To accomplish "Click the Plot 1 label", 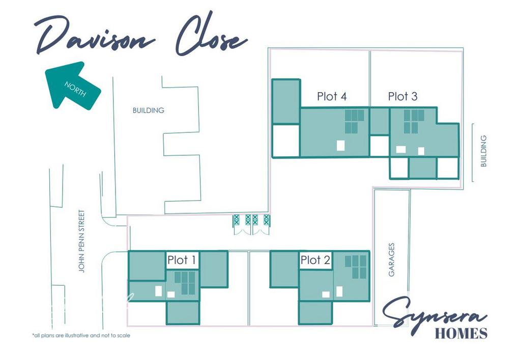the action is click(182, 260).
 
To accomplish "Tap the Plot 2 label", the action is click(315, 260).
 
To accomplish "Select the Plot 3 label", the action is click(402, 96).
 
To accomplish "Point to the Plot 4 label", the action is click(332, 96).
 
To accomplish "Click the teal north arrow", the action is click(71, 85).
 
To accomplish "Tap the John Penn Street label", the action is click(82, 241).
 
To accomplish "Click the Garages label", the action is click(391, 260).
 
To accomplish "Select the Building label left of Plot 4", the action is click(148, 110).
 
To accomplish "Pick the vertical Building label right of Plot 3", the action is click(483, 151).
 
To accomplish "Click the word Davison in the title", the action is click(95, 37).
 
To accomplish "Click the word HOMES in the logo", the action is click(461, 333).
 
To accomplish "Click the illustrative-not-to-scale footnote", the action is click(81, 336).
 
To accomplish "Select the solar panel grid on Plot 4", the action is click(354, 121).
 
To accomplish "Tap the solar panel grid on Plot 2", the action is click(356, 267).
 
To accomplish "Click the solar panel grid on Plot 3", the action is click(414, 121).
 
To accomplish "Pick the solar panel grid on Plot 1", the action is click(185, 283).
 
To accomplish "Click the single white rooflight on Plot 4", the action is click(340, 145).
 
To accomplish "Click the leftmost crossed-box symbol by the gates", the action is click(236, 219).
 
